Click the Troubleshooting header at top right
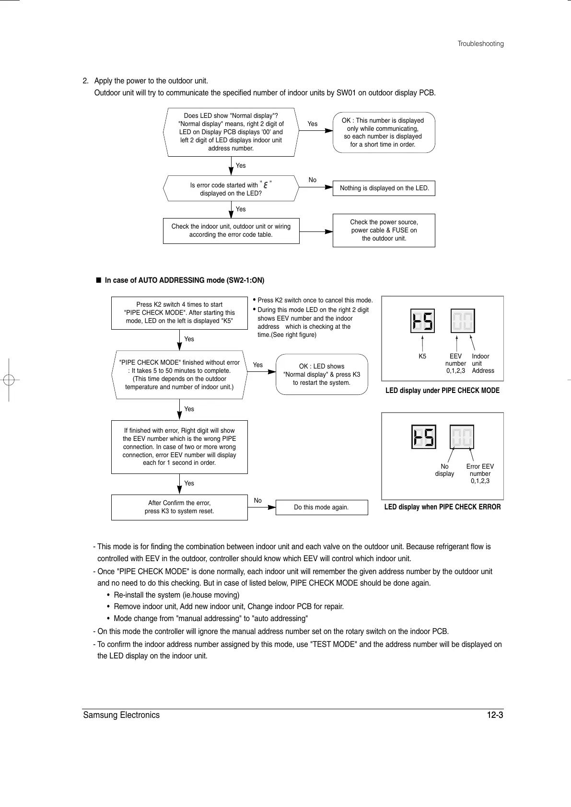pyautogui.click(x=480, y=44)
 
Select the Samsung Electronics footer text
pyautogui.click(x=121, y=715)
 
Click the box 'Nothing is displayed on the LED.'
pyautogui.click(x=384, y=188)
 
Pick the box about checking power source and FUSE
pyautogui.click(x=384, y=231)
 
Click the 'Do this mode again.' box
pyautogui.click(x=321, y=507)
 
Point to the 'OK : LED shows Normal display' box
pyautogui.click(x=322, y=374)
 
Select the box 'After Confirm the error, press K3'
pyautogui.click(x=179, y=507)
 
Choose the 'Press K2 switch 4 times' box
pyautogui.click(x=179, y=312)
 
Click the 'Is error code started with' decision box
pyautogui.click(x=231, y=189)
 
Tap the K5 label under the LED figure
pyautogui.click(x=422, y=357)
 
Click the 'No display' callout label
pyautogui.click(x=444, y=470)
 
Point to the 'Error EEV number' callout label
pyautogui.click(x=480, y=473)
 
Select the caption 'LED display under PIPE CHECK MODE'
pyautogui.click(x=443, y=391)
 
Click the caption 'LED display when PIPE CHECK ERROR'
pyautogui.click(x=443, y=507)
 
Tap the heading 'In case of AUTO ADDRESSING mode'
pyautogui.click(x=185, y=280)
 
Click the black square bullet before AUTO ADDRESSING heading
pyautogui.click(x=98, y=280)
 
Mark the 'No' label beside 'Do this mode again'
pyautogui.click(x=258, y=501)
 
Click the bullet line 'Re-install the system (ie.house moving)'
pyautogui.click(x=176, y=595)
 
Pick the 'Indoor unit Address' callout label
pyautogui.click(x=482, y=363)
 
